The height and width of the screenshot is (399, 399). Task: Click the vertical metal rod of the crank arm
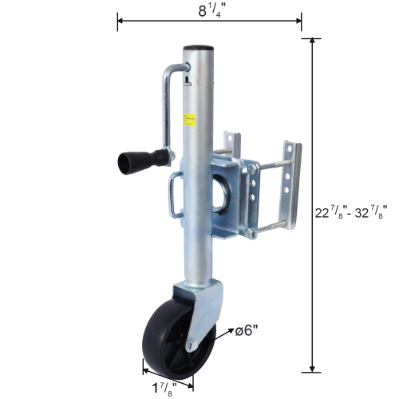(166, 112)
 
